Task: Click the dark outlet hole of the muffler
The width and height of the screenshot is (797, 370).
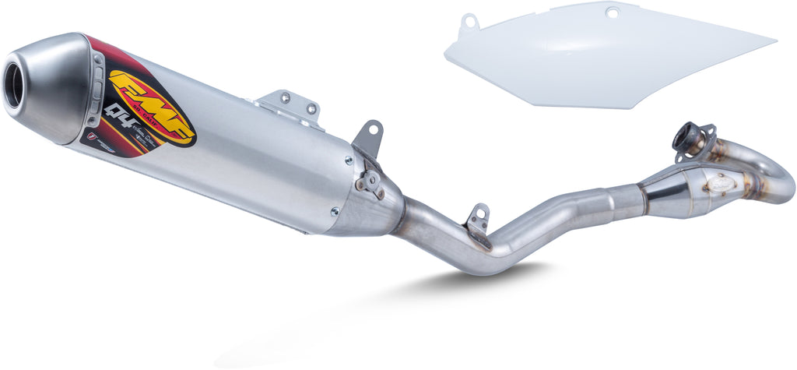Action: (14, 86)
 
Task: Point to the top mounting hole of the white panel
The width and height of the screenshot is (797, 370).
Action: (612, 12)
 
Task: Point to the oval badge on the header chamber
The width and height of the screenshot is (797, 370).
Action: (721, 182)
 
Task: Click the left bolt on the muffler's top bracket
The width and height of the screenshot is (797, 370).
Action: (285, 98)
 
